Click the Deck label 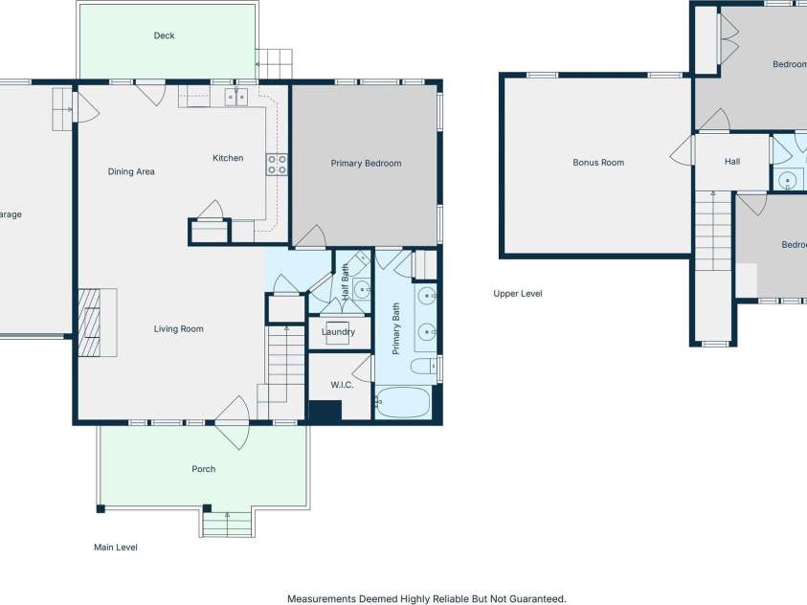pos(164,35)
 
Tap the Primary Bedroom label pos(366,164)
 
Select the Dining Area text pos(131,172)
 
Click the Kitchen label pos(228,158)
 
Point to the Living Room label pos(179,329)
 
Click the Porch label pos(203,469)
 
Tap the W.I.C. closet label pos(343,386)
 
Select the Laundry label pos(338,332)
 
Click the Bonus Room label pos(598,163)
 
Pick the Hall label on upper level pos(731,162)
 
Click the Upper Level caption pos(517,294)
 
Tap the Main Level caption pos(116,548)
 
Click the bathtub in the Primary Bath pos(403,402)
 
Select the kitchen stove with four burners pos(277,164)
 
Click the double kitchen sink pos(236,96)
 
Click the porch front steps pos(227,524)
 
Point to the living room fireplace pos(97,322)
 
